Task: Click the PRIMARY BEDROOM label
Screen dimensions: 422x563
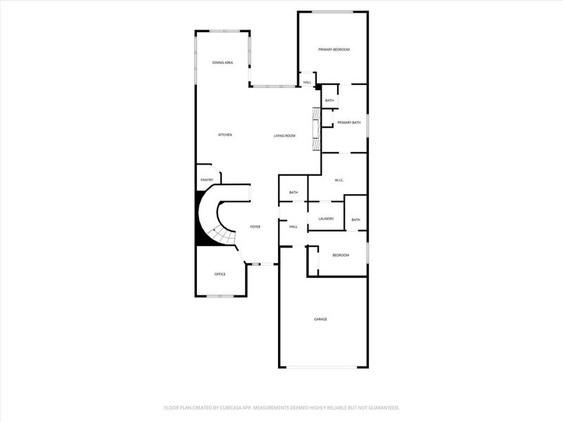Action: tap(334, 49)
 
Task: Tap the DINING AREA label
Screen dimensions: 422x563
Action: tap(223, 63)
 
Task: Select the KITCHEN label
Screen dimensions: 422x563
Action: tap(225, 135)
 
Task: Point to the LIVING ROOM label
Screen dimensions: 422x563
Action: tap(284, 136)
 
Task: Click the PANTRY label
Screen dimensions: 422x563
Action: tap(207, 180)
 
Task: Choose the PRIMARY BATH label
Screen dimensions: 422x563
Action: tap(348, 123)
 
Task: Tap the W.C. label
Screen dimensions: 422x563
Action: tap(339, 181)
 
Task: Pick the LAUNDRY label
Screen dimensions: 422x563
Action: tap(326, 219)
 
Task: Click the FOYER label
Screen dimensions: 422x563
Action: tap(255, 226)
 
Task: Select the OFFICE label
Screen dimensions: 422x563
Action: tap(220, 274)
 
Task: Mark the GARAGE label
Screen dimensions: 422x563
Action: tap(320, 319)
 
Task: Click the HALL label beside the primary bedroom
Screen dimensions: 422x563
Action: tap(307, 83)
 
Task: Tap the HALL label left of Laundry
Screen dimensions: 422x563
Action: tap(293, 226)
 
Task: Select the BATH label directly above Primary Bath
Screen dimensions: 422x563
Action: tap(329, 101)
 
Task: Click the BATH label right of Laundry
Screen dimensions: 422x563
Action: tap(355, 219)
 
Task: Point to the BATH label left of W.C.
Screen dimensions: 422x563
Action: tap(293, 193)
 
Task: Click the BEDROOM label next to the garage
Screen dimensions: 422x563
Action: tap(341, 255)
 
